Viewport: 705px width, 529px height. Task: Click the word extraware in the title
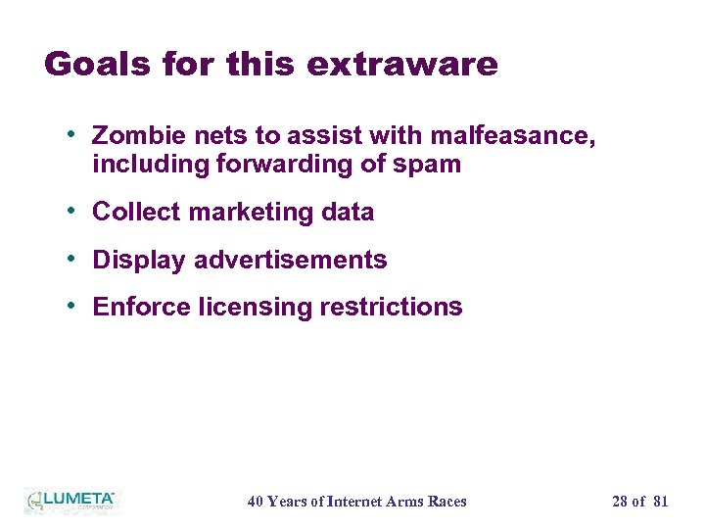click(x=401, y=65)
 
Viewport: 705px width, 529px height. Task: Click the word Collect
click(x=136, y=212)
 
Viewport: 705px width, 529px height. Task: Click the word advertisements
click(x=291, y=260)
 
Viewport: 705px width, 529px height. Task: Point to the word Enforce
click(x=141, y=307)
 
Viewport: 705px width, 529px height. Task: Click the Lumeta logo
click(x=71, y=501)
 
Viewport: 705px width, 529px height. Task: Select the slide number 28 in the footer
click(x=620, y=502)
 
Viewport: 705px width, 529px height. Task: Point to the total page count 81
click(x=660, y=502)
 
